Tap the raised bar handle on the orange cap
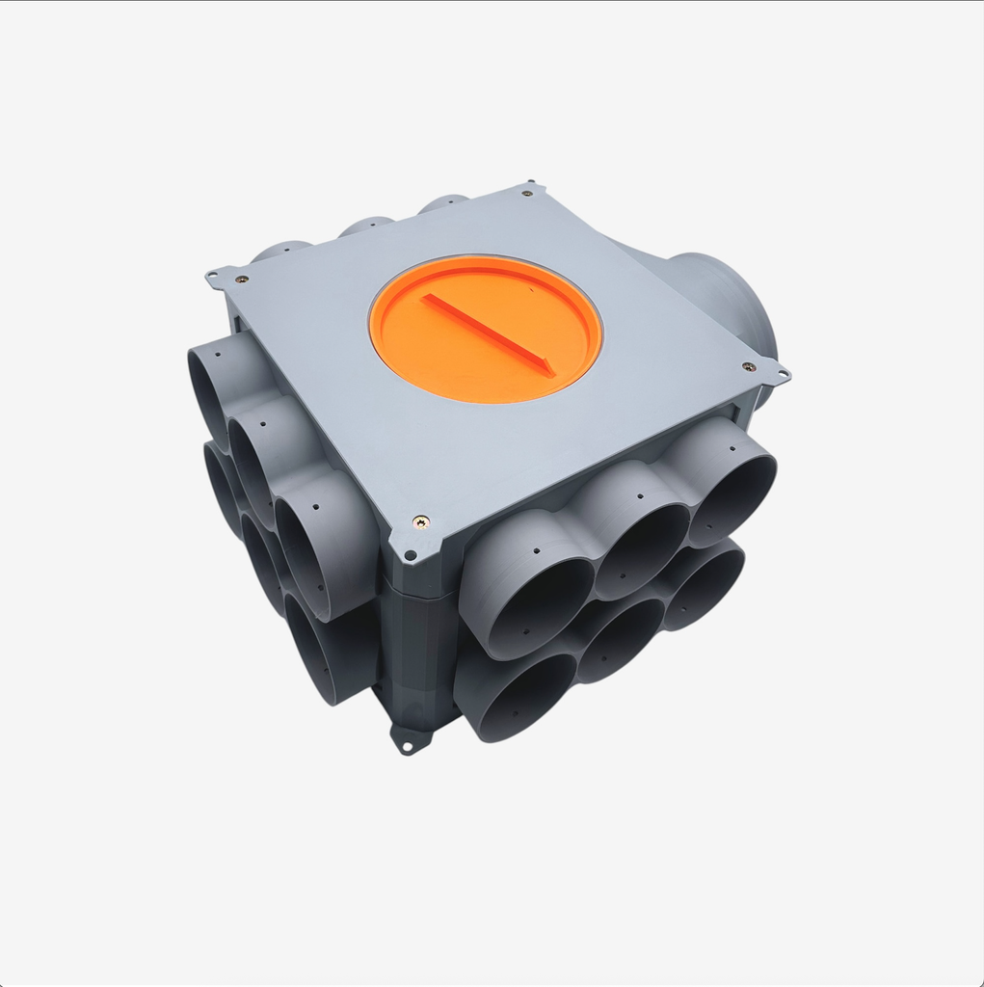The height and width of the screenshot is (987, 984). (x=487, y=333)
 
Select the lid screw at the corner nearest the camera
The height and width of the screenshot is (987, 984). (x=420, y=521)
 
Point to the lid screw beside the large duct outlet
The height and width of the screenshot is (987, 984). (x=748, y=366)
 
